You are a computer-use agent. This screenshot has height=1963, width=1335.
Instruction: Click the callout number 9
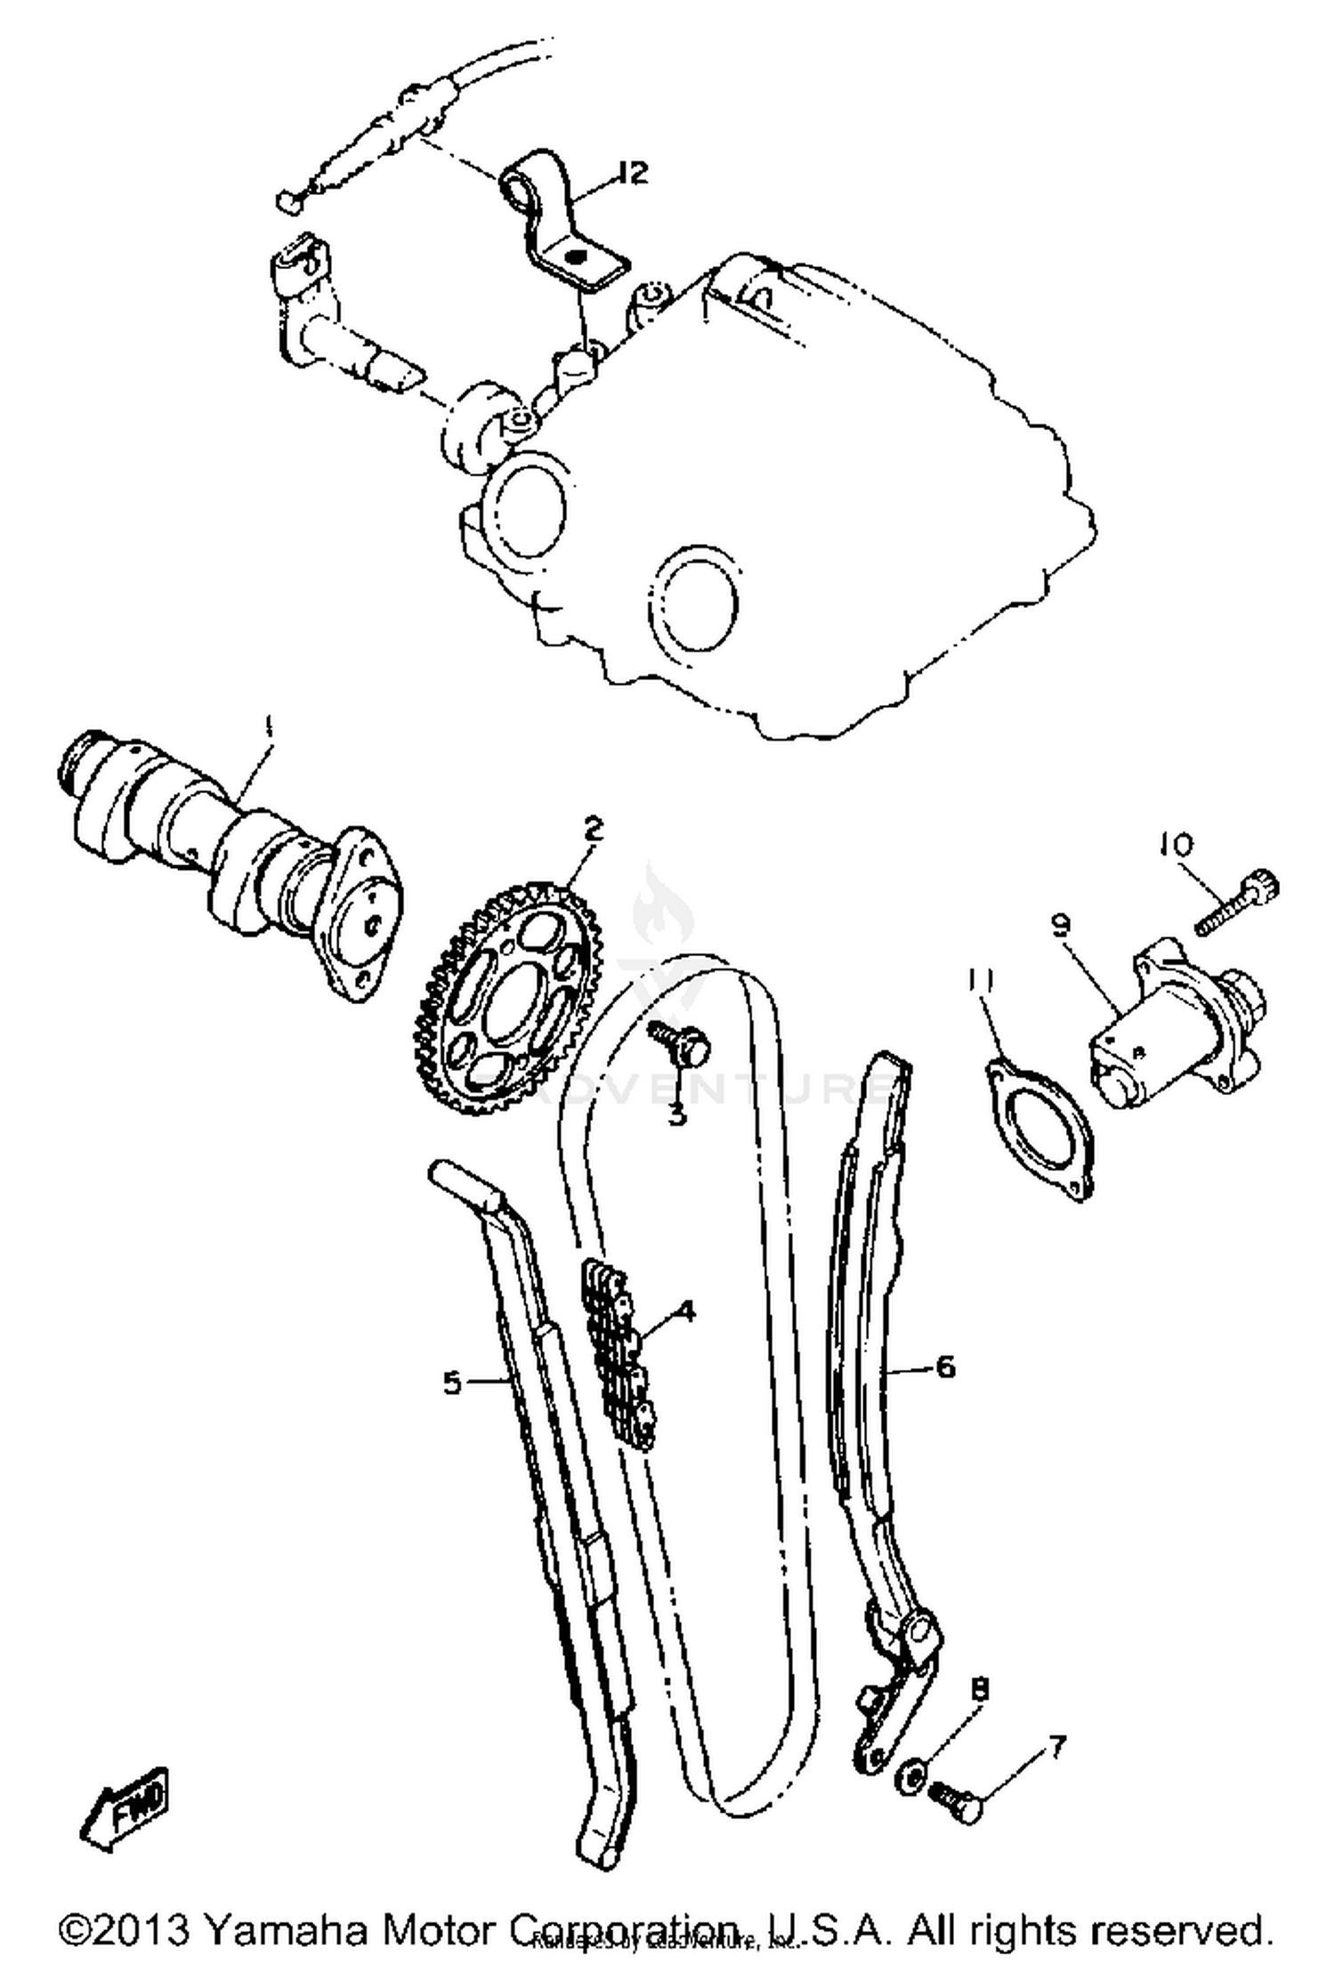tap(1059, 926)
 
